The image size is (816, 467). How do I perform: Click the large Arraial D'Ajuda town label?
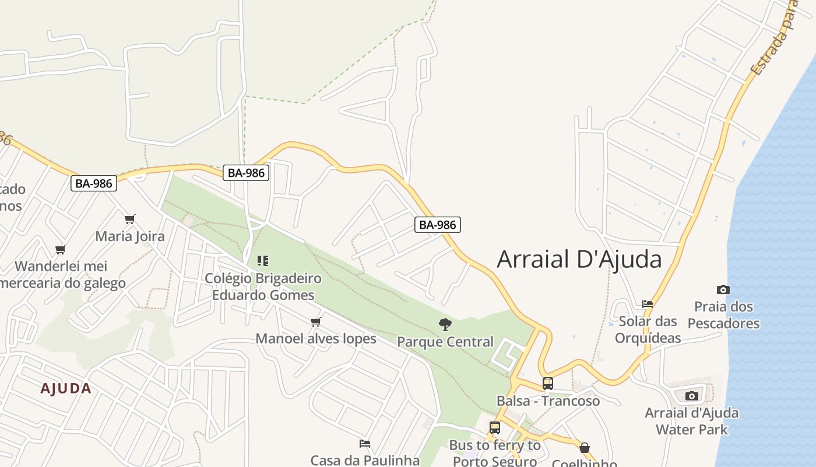pos(579,259)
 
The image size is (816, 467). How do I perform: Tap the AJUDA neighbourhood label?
pos(66,389)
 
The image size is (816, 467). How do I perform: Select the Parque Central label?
pos(445,341)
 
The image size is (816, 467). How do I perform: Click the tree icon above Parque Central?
pos(445,325)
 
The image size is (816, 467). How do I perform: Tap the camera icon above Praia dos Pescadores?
pos(723,290)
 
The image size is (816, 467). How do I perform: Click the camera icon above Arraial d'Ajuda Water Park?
pos(692,396)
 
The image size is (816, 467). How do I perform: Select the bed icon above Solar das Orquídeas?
pos(648,304)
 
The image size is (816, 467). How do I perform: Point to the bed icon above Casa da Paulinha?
pos(365,444)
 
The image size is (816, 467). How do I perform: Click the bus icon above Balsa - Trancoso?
pos(548,384)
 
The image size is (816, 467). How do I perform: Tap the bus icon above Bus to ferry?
pos(495,428)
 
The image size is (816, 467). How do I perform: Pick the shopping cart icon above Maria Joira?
pos(130,219)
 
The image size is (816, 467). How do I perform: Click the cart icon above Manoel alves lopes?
pos(316,322)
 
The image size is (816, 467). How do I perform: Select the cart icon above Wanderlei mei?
pos(61,249)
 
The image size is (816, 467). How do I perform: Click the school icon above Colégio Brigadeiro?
pos(263,260)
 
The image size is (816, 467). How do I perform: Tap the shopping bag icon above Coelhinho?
pos(585,448)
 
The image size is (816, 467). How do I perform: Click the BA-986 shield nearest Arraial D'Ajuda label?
pos(438,225)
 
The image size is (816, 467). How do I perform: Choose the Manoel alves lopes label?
pos(316,339)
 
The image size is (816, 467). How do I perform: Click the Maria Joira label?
pos(130,236)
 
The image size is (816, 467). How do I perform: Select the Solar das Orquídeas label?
pos(648,329)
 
